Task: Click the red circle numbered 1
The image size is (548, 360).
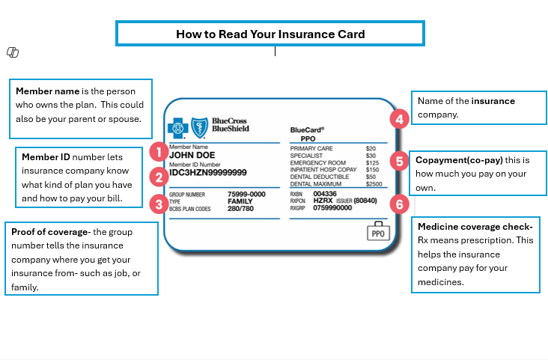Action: point(159,152)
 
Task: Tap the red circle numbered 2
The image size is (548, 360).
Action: point(159,177)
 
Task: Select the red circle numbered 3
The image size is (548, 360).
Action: point(159,204)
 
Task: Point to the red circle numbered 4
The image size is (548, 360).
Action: point(400,119)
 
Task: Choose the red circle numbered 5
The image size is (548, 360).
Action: point(400,161)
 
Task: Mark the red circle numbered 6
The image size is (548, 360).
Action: point(400,204)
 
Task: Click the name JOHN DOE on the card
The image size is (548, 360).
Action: point(192,155)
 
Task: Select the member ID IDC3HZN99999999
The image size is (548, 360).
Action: point(208,173)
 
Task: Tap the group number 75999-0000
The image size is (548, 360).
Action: point(246,195)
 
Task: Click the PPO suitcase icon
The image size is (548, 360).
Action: point(378,231)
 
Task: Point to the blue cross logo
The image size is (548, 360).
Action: point(178,128)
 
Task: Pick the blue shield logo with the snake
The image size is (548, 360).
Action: point(200,128)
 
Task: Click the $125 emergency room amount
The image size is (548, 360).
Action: point(372,163)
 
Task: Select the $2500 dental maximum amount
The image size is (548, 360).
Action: point(374,184)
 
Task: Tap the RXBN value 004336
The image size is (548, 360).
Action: point(325,194)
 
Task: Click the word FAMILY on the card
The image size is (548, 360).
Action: point(240,201)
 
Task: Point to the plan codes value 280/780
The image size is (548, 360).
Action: point(240,209)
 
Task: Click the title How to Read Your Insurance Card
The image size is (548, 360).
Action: point(270,34)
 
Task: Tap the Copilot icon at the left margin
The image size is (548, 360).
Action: point(13,52)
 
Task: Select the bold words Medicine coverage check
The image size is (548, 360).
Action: point(475,227)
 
